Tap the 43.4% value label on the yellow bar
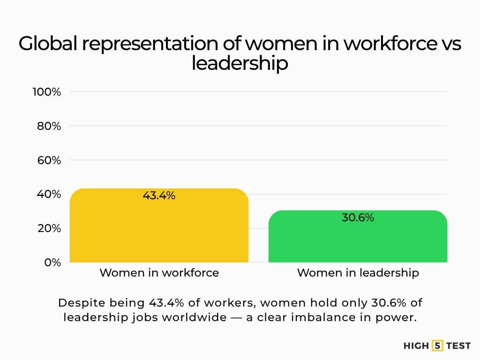(x=159, y=196)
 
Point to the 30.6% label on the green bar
(x=358, y=217)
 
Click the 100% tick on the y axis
(x=47, y=92)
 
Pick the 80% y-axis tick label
(x=49, y=126)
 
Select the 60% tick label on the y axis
(x=49, y=160)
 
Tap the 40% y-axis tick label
(x=49, y=194)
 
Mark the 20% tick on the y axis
(x=49, y=228)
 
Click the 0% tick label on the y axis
(x=53, y=262)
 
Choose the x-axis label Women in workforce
(x=159, y=273)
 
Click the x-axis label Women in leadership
(x=358, y=273)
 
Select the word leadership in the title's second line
(x=240, y=63)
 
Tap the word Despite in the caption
(x=77, y=303)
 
